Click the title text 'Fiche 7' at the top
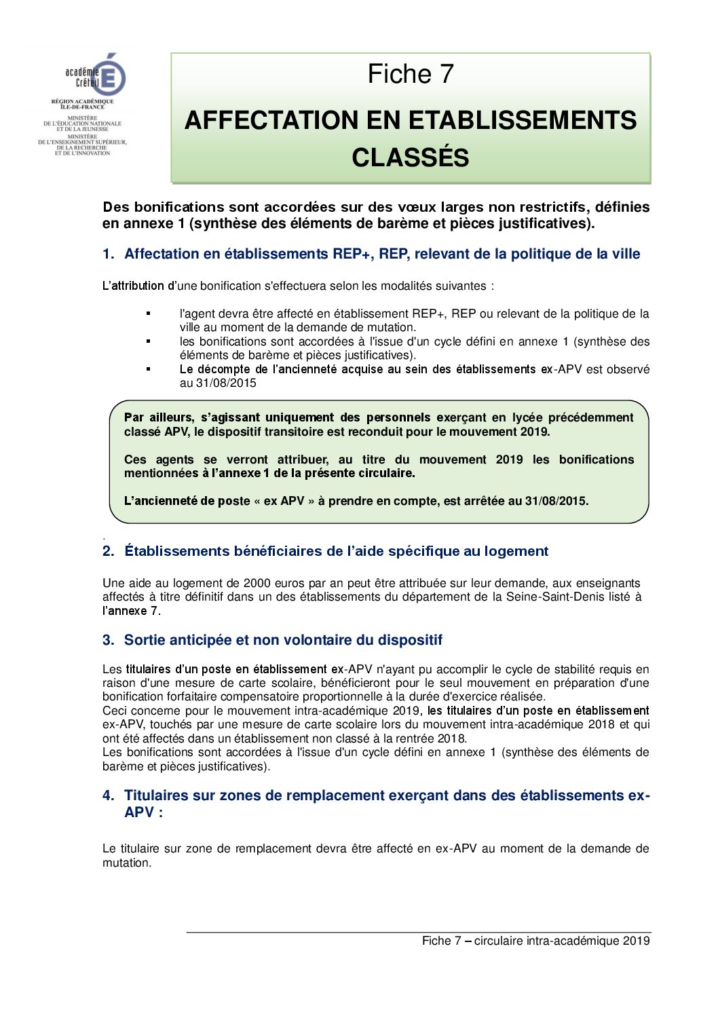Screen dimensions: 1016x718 (x=411, y=74)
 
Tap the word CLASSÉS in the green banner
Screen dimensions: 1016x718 (x=411, y=157)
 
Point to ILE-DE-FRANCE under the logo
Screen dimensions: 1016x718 (x=83, y=107)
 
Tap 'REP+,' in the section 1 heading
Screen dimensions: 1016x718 (x=354, y=254)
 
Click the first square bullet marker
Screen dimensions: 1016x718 (x=148, y=313)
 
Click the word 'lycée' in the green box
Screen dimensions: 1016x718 (x=527, y=417)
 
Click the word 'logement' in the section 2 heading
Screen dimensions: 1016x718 (x=516, y=551)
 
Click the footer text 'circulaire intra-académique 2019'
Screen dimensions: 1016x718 (x=562, y=941)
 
